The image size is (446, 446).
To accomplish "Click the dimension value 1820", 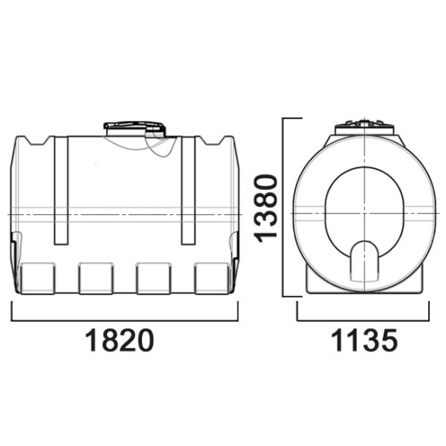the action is pos(119,341).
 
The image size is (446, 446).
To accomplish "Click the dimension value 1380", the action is pos(265,208).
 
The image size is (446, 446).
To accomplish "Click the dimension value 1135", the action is pos(364,341).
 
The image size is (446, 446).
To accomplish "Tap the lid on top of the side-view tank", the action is pos(135,129).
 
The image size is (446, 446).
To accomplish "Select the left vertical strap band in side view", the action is pos(61,191).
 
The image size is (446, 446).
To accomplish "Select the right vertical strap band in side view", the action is pos(188,191).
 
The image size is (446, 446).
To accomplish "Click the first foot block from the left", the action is pos(37,278).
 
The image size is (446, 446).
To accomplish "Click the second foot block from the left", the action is pos(96,278).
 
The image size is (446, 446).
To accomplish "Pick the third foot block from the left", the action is pos(154,278).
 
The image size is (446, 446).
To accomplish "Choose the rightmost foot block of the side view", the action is pos(212,278).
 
